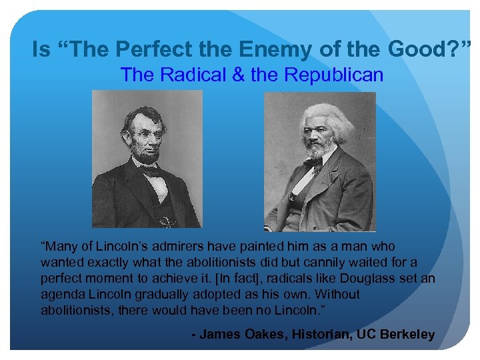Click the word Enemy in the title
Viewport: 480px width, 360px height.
point(285,49)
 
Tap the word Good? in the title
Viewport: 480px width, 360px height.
point(437,49)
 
